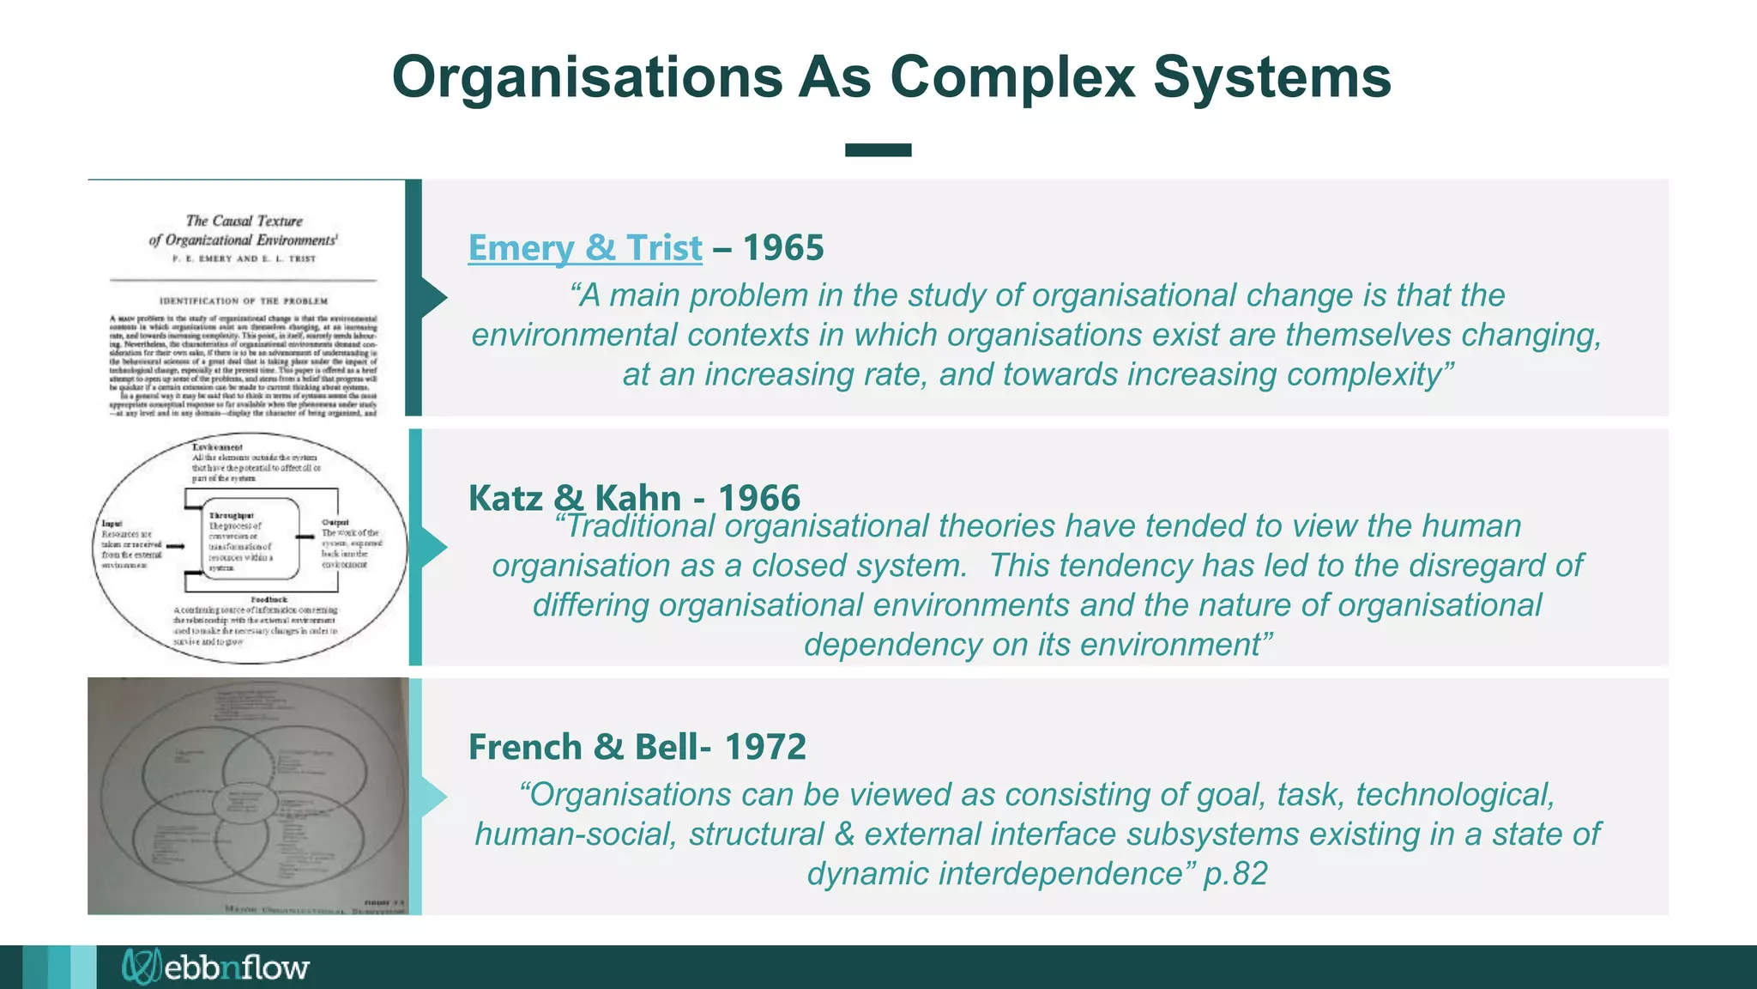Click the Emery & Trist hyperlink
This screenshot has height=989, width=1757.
pyautogui.click(x=584, y=248)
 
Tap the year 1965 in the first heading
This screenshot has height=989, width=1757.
pyautogui.click(x=782, y=248)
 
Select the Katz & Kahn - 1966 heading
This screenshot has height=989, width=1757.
pyautogui.click(x=634, y=497)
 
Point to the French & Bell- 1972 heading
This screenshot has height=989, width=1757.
pyautogui.click(x=637, y=747)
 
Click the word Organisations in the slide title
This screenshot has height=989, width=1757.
pyautogui.click(x=587, y=77)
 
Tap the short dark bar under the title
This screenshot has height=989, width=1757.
pyautogui.click(x=878, y=150)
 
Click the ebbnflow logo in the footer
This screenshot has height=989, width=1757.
pyautogui.click(x=215, y=967)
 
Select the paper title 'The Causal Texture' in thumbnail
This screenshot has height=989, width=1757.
pyautogui.click(x=245, y=221)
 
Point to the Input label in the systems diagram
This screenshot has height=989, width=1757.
pyautogui.click(x=112, y=523)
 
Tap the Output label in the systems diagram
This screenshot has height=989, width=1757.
pyautogui.click(x=335, y=522)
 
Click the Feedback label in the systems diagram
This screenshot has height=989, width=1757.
pyautogui.click(x=269, y=599)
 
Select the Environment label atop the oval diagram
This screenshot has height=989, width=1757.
pyautogui.click(x=217, y=447)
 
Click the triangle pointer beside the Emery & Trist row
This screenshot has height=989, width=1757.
pyautogui.click(x=433, y=298)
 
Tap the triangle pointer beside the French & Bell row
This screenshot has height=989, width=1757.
pyautogui.click(x=433, y=796)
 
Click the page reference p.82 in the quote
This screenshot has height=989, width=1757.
pyautogui.click(x=1235, y=874)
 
